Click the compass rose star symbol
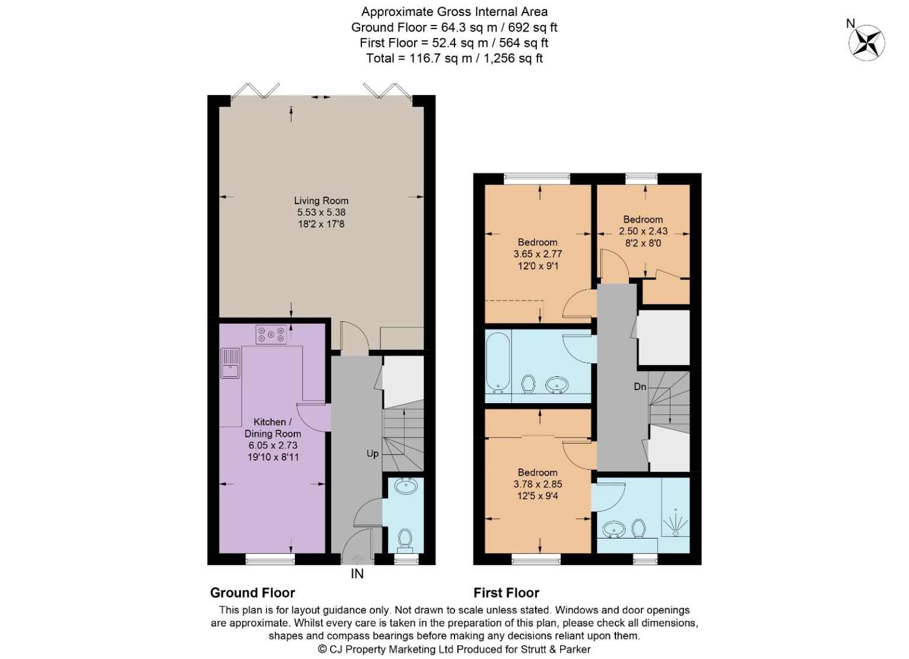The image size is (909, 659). (x=867, y=43)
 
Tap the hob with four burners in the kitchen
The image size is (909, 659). (x=271, y=334)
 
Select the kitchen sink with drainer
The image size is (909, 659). (x=230, y=363)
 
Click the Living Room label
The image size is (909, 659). (x=321, y=201)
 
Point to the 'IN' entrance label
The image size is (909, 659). (x=357, y=574)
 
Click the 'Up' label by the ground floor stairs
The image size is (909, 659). (x=373, y=454)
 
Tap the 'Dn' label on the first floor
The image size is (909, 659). (x=640, y=386)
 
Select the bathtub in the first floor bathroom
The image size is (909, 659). (x=498, y=363)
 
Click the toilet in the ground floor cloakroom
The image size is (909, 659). (x=405, y=540)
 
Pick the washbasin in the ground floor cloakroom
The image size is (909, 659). (x=406, y=486)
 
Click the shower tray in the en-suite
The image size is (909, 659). (x=675, y=507)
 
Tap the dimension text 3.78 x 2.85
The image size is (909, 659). (x=538, y=484)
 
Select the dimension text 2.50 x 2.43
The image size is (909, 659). (x=643, y=231)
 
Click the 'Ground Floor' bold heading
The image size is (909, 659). (x=252, y=593)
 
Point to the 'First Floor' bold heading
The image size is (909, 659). (x=506, y=593)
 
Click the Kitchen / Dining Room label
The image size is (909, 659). (x=273, y=427)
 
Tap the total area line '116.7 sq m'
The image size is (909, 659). (x=441, y=58)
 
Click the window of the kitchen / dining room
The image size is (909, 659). (x=270, y=559)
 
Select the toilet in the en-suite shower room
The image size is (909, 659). (x=638, y=528)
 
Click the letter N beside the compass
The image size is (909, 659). (x=851, y=24)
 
